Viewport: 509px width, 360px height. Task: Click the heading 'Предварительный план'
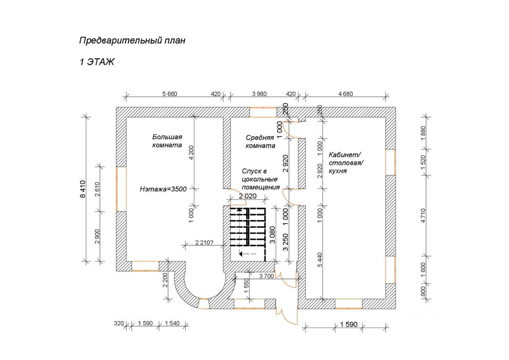point(132,41)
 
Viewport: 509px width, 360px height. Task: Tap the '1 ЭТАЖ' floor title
point(97,62)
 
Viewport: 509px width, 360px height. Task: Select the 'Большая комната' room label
point(167,141)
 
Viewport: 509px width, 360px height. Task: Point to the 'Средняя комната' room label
point(260,142)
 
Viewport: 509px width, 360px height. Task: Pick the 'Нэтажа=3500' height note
point(163,189)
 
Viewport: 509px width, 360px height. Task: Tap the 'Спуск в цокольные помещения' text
point(260,179)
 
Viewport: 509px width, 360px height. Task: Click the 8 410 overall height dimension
point(82,189)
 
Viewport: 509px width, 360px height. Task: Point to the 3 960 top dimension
point(259,94)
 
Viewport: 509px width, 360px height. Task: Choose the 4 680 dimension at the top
point(345,94)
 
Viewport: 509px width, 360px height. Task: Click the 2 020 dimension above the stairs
point(247,196)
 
